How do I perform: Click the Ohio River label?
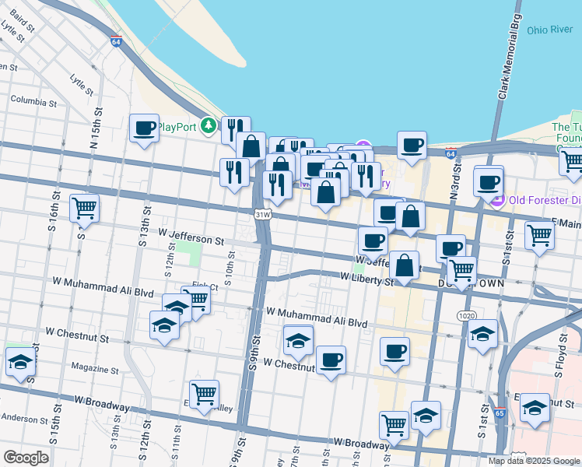coord(549,30)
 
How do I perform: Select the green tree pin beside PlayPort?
coord(208,125)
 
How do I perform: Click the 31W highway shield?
coord(263,214)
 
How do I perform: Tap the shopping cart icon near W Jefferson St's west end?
coord(83,208)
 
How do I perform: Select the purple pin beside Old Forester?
coord(498,200)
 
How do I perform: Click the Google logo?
coord(26,458)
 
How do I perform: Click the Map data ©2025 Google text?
coord(533,461)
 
